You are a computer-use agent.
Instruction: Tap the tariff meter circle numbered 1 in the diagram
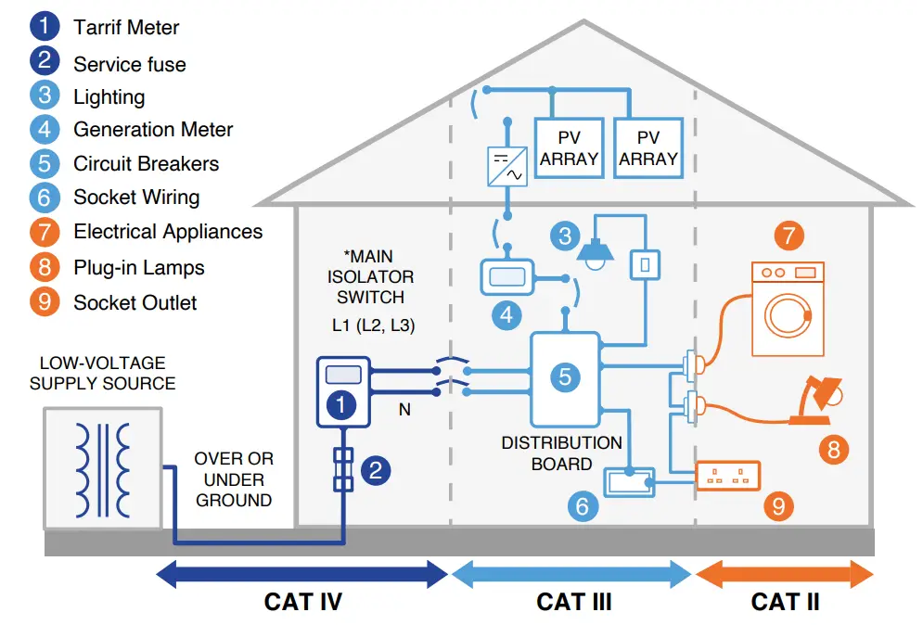tap(343, 405)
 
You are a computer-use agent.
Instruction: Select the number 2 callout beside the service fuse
tap(376, 470)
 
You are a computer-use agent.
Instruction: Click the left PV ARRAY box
tap(569, 148)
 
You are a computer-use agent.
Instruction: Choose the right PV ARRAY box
tap(648, 148)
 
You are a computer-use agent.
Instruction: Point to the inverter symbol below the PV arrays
tap(506, 167)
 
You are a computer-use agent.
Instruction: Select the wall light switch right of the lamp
tap(645, 264)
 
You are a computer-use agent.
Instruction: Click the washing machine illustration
tap(787, 309)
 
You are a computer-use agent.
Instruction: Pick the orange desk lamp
tap(816, 401)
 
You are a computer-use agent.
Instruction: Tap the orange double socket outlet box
tap(728, 476)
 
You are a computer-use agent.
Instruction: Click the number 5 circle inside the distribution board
tap(565, 376)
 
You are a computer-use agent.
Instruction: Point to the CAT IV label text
tap(302, 602)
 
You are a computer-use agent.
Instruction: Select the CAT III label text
tap(574, 602)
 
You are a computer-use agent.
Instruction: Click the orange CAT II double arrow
tap(784, 575)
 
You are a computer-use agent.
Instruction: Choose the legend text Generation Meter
tap(153, 131)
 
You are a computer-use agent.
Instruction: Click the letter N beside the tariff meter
tap(404, 408)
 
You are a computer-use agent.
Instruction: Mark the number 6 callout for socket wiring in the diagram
tap(582, 505)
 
